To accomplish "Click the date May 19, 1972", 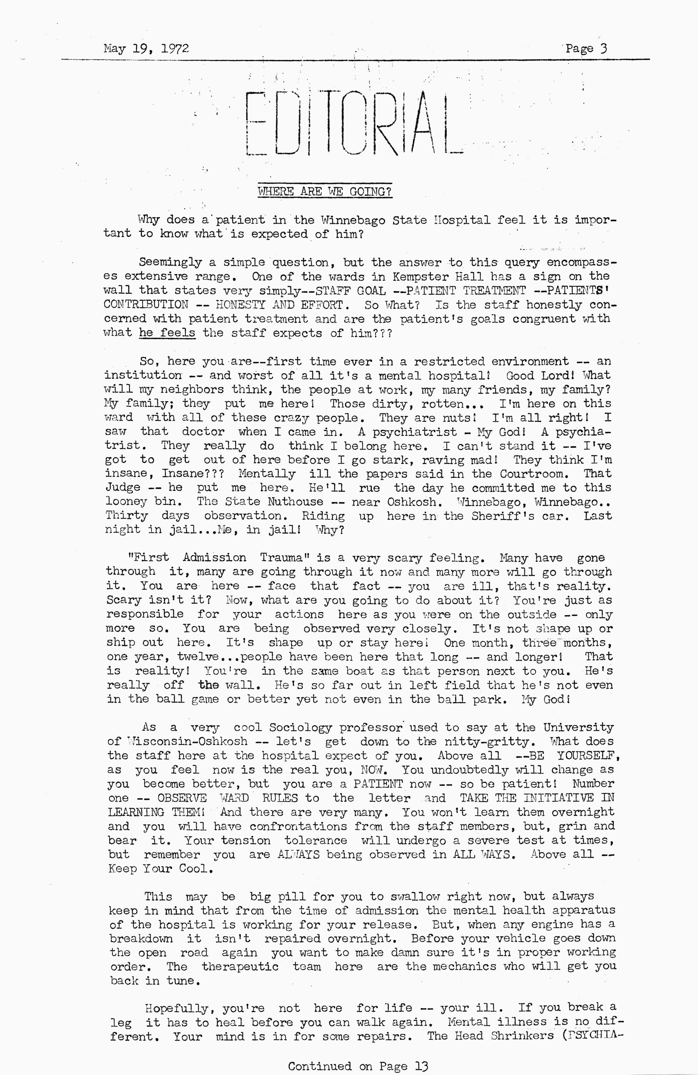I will point(146,48).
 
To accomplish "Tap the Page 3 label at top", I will point(586,48).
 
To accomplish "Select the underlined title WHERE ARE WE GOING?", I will point(324,192).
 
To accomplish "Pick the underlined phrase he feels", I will point(167,333).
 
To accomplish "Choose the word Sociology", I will point(301,728).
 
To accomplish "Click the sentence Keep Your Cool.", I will point(160,869).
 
